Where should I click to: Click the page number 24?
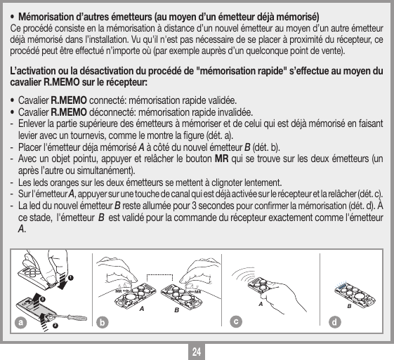click(x=197, y=349)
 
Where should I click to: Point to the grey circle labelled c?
click(x=237, y=323)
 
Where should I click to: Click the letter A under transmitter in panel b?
click(x=142, y=307)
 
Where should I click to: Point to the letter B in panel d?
click(x=348, y=306)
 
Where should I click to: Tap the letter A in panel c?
click(x=260, y=304)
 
